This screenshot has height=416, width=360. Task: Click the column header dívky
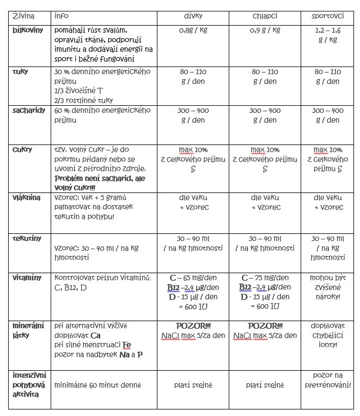(x=193, y=16)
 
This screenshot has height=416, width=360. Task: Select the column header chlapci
(x=265, y=16)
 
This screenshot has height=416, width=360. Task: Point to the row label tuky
(x=21, y=71)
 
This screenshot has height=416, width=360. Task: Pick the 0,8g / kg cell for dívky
(x=193, y=31)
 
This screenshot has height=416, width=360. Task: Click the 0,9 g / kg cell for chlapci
(x=265, y=31)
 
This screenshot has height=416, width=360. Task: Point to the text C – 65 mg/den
(x=193, y=278)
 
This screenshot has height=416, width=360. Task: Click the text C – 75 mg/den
(x=265, y=278)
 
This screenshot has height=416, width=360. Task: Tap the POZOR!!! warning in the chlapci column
(x=265, y=325)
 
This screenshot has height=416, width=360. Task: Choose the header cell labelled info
(x=62, y=16)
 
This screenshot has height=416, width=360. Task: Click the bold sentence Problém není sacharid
(x=101, y=178)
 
